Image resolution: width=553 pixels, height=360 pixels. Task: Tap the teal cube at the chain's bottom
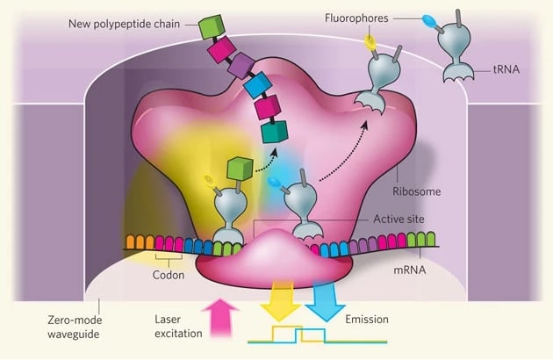point(276,133)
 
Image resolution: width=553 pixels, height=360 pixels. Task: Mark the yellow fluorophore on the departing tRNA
point(371,40)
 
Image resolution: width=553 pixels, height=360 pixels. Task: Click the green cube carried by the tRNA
point(239,168)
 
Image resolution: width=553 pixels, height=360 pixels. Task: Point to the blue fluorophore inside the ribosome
point(276,182)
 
